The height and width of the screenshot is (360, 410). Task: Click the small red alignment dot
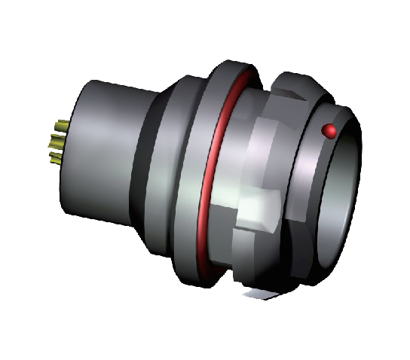coord(329,131)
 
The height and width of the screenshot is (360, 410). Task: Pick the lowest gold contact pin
coord(56,159)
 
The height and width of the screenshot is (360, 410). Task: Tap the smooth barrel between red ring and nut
coord(234,151)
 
